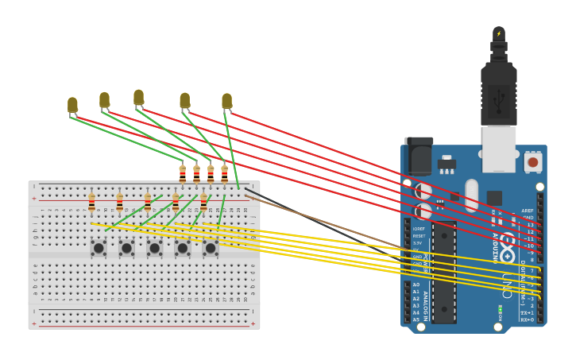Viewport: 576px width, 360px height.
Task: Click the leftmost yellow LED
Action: click(72, 104)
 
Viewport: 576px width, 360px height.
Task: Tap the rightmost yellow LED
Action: click(226, 101)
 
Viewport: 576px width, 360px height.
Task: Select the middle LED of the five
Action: click(138, 98)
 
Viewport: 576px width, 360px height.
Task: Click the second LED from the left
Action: click(104, 99)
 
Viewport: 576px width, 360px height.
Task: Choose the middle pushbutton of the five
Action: click(154, 248)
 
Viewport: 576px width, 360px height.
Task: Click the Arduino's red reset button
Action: click(532, 162)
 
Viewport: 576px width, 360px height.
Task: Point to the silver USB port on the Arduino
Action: click(498, 149)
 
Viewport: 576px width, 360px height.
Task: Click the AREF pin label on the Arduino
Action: click(527, 211)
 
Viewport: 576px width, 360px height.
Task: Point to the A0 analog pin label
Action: click(416, 285)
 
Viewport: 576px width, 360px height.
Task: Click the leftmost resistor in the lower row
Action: click(91, 202)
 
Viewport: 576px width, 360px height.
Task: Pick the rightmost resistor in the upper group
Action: click(224, 174)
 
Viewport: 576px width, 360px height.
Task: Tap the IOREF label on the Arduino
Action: click(419, 229)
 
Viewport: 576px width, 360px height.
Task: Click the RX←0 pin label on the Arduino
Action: click(527, 319)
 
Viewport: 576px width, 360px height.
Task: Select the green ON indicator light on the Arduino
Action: click(500, 308)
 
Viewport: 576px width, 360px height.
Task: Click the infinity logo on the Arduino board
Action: click(507, 247)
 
